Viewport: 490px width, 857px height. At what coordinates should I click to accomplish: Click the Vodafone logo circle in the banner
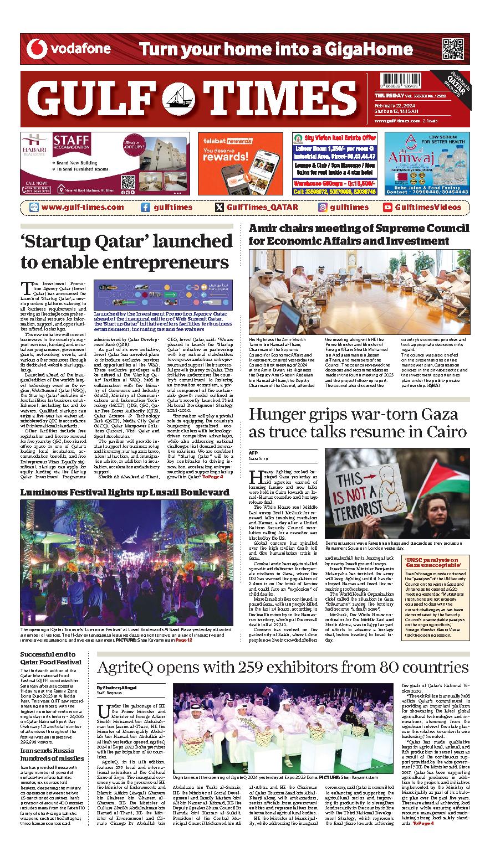pos(37,49)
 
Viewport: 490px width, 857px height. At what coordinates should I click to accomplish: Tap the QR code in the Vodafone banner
pos(452,50)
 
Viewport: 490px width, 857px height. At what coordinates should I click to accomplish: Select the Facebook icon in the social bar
pos(145,208)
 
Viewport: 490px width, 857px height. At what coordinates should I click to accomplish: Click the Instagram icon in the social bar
pos(322,208)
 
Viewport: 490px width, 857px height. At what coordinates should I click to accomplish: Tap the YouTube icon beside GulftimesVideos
pos(388,208)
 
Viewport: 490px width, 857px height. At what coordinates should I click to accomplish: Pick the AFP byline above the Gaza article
pos(253,453)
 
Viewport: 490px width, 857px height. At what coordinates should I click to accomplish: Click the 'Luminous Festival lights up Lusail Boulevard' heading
pos(125,492)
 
